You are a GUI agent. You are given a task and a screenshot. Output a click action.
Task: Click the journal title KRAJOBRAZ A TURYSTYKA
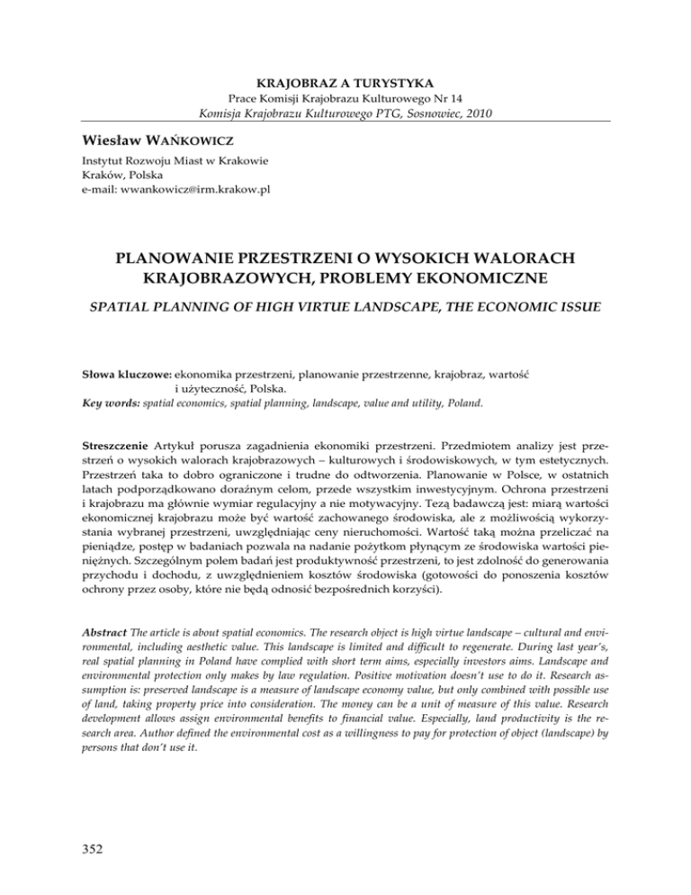point(345,75)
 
